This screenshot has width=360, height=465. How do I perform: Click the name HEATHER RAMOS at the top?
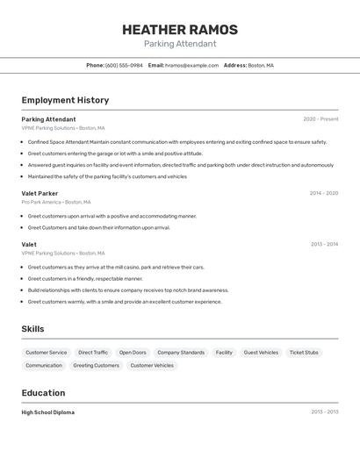pyautogui.click(x=180, y=29)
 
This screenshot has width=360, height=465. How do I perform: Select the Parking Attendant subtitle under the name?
pyautogui.click(x=180, y=44)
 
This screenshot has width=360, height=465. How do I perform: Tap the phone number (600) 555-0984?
pyautogui.click(x=124, y=65)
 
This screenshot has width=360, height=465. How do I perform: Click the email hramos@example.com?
pyautogui.click(x=191, y=65)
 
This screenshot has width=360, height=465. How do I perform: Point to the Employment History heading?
pyautogui.click(x=65, y=100)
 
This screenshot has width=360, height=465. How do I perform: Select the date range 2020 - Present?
pyautogui.click(x=320, y=119)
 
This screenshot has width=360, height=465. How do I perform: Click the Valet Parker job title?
pyautogui.click(x=40, y=193)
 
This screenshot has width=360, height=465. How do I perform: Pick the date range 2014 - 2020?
pyautogui.click(x=324, y=193)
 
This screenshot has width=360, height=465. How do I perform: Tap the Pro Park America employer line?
pyautogui.click(x=60, y=202)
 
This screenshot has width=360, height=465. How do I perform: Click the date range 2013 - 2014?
pyautogui.click(x=324, y=245)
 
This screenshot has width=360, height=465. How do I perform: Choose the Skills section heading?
pyautogui.click(x=32, y=329)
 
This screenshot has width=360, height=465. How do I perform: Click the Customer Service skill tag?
pyautogui.click(x=46, y=353)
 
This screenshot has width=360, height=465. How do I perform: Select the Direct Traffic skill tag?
pyautogui.click(x=93, y=353)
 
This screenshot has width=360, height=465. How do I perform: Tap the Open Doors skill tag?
pyautogui.click(x=133, y=353)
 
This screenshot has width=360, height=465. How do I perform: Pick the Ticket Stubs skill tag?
pyautogui.click(x=304, y=353)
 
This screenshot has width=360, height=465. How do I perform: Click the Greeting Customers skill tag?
pyautogui.click(x=96, y=366)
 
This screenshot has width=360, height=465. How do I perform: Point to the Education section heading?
pyautogui.click(x=43, y=393)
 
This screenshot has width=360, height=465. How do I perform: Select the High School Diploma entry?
pyautogui.click(x=47, y=412)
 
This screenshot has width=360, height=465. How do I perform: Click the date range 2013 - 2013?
pyautogui.click(x=324, y=412)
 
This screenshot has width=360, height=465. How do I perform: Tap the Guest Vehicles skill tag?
pyautogui.click(x=261, y=353)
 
